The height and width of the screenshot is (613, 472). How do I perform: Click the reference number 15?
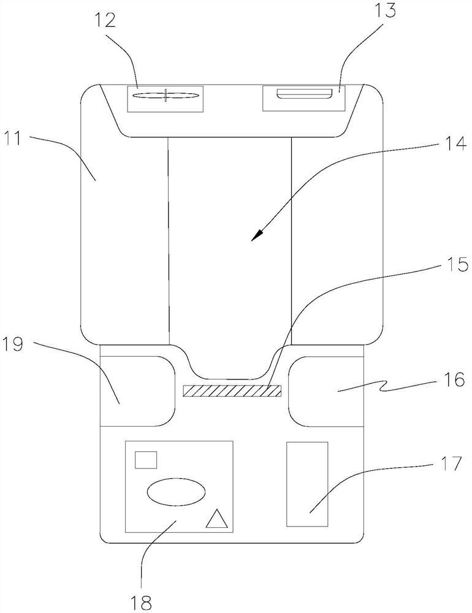[x=457, y=265]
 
